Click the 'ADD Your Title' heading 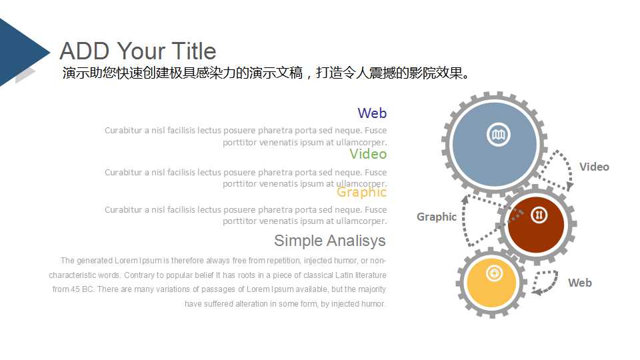(137, 51)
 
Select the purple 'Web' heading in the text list (371, 113)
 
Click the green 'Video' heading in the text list (368, 154)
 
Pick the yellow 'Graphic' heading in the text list (361, 192)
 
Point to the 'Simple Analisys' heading (329, 240)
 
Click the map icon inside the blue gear (497, 135)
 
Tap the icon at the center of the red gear (539, 215)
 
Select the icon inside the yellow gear (493, 273)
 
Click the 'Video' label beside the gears (594, 167)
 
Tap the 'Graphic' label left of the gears (437, 217)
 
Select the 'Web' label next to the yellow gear (580, 283)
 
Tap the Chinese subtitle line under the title (267, 73)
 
